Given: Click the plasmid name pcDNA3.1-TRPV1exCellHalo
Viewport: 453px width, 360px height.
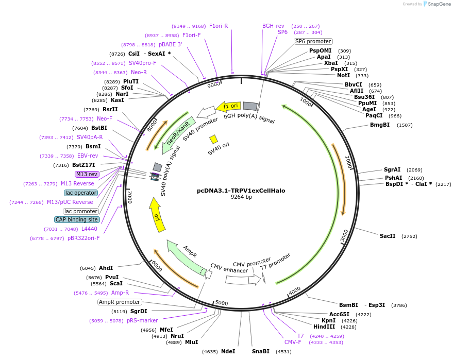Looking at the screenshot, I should click(241, 191).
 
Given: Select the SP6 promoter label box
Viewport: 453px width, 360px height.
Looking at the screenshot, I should click(313, 41).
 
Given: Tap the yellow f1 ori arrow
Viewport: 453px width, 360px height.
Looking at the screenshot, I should click(228, 106).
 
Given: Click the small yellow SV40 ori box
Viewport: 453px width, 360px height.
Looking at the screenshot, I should click(213, 139).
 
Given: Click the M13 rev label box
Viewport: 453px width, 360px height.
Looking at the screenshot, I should click(87, 174).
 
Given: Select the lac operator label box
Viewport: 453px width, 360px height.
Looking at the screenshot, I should click(81, 193).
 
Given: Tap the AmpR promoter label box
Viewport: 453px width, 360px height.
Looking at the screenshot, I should click(120, 302).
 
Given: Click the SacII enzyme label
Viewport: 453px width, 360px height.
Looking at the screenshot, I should click(388, 236).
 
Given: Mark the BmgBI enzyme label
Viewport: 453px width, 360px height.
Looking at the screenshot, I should click(380, 125).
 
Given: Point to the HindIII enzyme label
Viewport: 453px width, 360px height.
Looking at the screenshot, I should click(324, 327).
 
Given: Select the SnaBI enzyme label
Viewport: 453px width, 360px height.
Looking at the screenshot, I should click(261, 351).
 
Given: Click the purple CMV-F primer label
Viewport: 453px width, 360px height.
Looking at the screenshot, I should click(293, 341).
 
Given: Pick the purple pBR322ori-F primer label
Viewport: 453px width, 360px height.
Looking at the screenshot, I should click(83, 238).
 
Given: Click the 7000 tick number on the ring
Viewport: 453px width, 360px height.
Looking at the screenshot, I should click(130, 196).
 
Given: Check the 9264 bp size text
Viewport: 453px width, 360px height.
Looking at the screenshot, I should click(241, 197).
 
